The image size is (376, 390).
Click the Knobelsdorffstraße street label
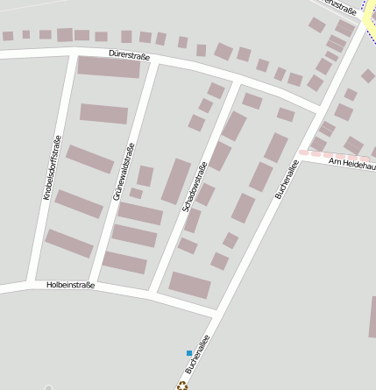tap(52, 169)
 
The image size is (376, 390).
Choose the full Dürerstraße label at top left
tap(130, 55)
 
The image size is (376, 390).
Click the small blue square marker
tap(188, 353)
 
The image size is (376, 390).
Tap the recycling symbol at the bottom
tap(182, 384)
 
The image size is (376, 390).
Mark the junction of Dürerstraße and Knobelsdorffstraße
tap(72, 54)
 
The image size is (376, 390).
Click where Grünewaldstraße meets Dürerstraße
tap(158, 62)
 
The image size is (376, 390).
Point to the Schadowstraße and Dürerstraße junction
tap(238, 83)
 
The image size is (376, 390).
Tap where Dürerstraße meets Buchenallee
tap(317, 111)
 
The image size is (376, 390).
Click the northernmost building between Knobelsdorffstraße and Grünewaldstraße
tap(109, 67)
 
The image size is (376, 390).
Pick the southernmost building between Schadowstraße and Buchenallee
tap(189, 285)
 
